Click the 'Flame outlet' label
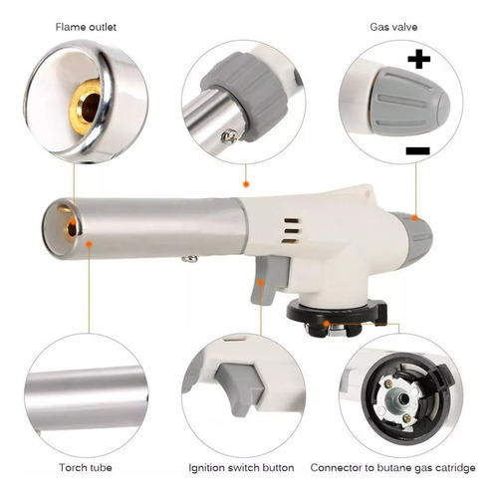[x=86, y=27]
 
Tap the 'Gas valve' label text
[x=393, y=27]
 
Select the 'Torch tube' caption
[x=86, y=468]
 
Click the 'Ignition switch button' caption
[x=241, y=468]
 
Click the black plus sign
[x=419, y=59]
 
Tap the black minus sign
[x=417, y=151]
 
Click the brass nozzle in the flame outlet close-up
[x=86, y=108]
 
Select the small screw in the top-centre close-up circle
[x=229, y=136]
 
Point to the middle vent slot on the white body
[x=292, y=231]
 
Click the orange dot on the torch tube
[x=89, y=244]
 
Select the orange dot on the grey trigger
[x=261, y=283]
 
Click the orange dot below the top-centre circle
[x=246, y=184]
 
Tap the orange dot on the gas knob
[x=415, y=218]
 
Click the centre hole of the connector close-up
[x=404, y=397]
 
